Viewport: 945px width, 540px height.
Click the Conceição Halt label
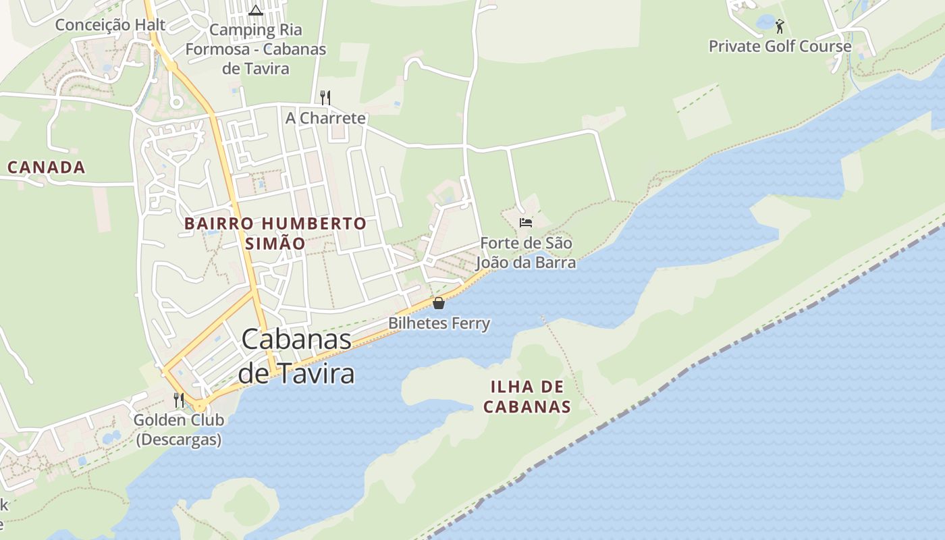click(x=110, y=25)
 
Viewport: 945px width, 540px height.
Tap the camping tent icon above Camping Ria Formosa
click(x=255, y=10)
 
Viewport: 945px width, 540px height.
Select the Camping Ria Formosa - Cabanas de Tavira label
click(x=256, y=49)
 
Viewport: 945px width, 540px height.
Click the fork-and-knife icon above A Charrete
click(x=325, y=97)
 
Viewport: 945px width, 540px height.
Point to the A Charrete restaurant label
click(x=325, y=118)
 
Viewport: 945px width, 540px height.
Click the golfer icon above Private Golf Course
click(x=780, y=27)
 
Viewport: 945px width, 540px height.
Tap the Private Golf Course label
click(x=780, y=47)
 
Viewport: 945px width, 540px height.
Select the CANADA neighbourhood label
click(x=47, y=167)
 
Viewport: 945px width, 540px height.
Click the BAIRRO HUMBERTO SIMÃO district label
click(x=275, y=233)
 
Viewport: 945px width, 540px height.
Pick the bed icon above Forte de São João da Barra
click(x=526, y=222)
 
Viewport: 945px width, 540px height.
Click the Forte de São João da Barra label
click(x=526, y=252)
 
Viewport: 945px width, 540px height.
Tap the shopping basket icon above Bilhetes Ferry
click(x=439, y=303)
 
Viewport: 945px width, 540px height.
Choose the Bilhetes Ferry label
click(x=439, y=323)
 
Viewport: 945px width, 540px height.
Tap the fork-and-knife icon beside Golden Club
click(x=179, y=400)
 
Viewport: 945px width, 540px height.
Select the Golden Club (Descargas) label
click(x=179, y=429)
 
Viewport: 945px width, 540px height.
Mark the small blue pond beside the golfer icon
click(x=765, y=22)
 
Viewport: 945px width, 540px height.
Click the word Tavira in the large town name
click(x=315, y=373)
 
